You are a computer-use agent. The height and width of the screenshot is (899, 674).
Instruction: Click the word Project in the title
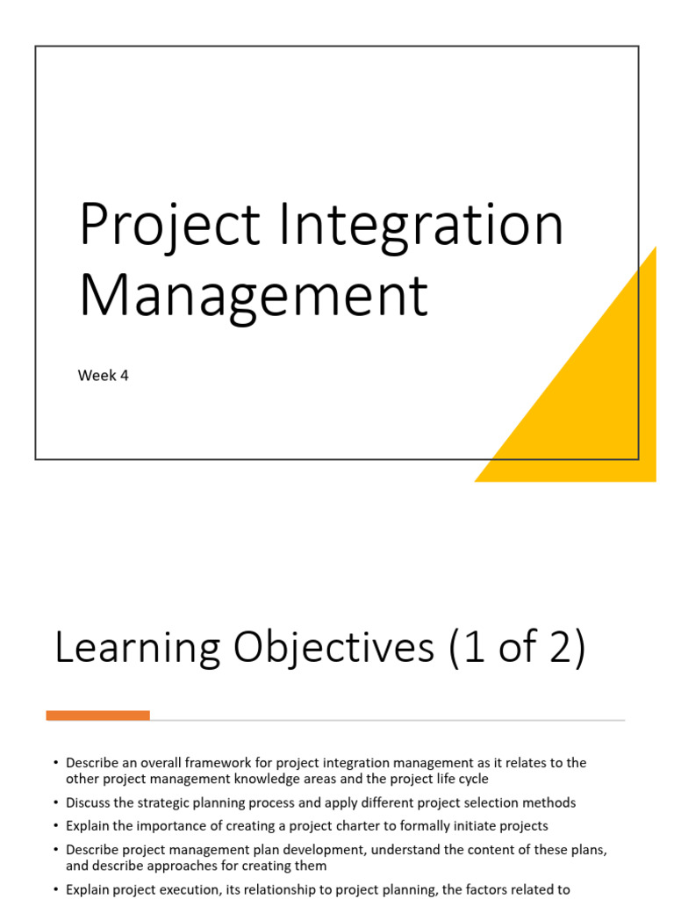click(x=169, y=225)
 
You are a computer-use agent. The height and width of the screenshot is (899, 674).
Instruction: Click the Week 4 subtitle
click(x=104, y=376)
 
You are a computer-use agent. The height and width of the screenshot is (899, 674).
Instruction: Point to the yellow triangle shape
click(x=597, y=404)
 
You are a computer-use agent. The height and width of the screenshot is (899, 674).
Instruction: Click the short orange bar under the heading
click(x=97, y=716)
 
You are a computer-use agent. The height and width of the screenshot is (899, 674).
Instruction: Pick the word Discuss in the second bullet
click(x=90, y=802)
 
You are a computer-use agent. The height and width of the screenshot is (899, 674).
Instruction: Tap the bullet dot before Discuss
click(x=55, y=802)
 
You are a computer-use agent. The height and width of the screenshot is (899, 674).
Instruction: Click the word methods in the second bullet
click(x=549, y=802)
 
